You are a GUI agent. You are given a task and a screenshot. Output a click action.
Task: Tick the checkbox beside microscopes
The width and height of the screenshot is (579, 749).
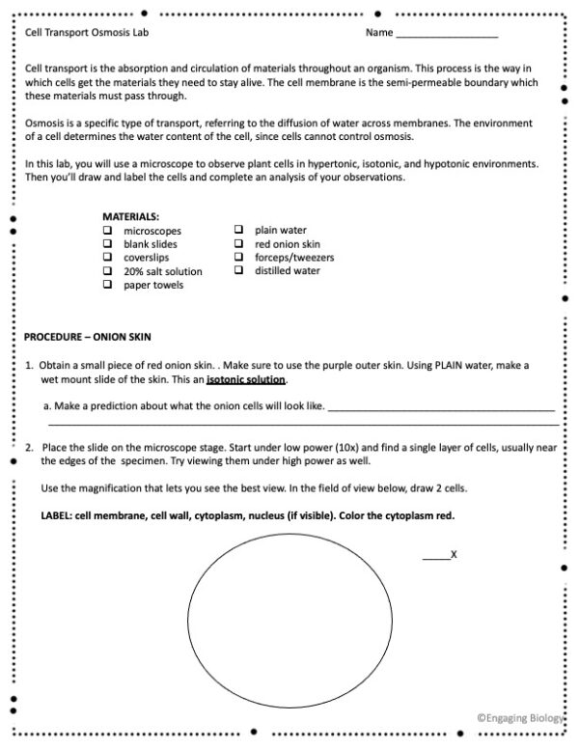(x=105, y=232)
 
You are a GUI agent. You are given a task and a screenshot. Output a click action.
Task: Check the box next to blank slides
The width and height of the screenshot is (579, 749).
(x=105, y=245)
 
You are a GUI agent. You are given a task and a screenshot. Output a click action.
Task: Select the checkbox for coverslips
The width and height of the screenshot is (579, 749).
(x=105, y=259)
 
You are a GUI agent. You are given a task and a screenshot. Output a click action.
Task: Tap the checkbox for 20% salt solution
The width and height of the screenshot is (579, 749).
(x=105, y=272)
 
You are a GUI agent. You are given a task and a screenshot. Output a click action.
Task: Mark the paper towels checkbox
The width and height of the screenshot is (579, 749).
(x=105, y=286)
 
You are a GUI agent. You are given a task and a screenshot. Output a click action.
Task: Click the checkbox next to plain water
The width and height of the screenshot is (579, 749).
(x=237, y=231)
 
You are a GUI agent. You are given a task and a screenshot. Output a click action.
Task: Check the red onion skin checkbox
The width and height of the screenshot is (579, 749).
(x=237, y=244)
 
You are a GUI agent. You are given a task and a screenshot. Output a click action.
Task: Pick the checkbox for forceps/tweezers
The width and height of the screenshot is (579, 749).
(x=237, y=258)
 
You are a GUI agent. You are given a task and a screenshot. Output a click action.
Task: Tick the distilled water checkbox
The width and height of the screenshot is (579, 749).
(x=237, y=271)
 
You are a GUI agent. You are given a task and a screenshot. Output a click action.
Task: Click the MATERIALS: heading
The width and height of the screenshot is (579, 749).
(x=131, y=217)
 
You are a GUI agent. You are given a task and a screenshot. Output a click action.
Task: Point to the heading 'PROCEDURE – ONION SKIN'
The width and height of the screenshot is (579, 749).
(x=88, y=337)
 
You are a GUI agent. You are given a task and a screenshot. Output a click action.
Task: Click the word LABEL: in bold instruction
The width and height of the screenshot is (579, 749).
(x=57, y=515)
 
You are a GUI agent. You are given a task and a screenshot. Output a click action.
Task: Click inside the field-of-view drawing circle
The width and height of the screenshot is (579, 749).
(x=289, y=607)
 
